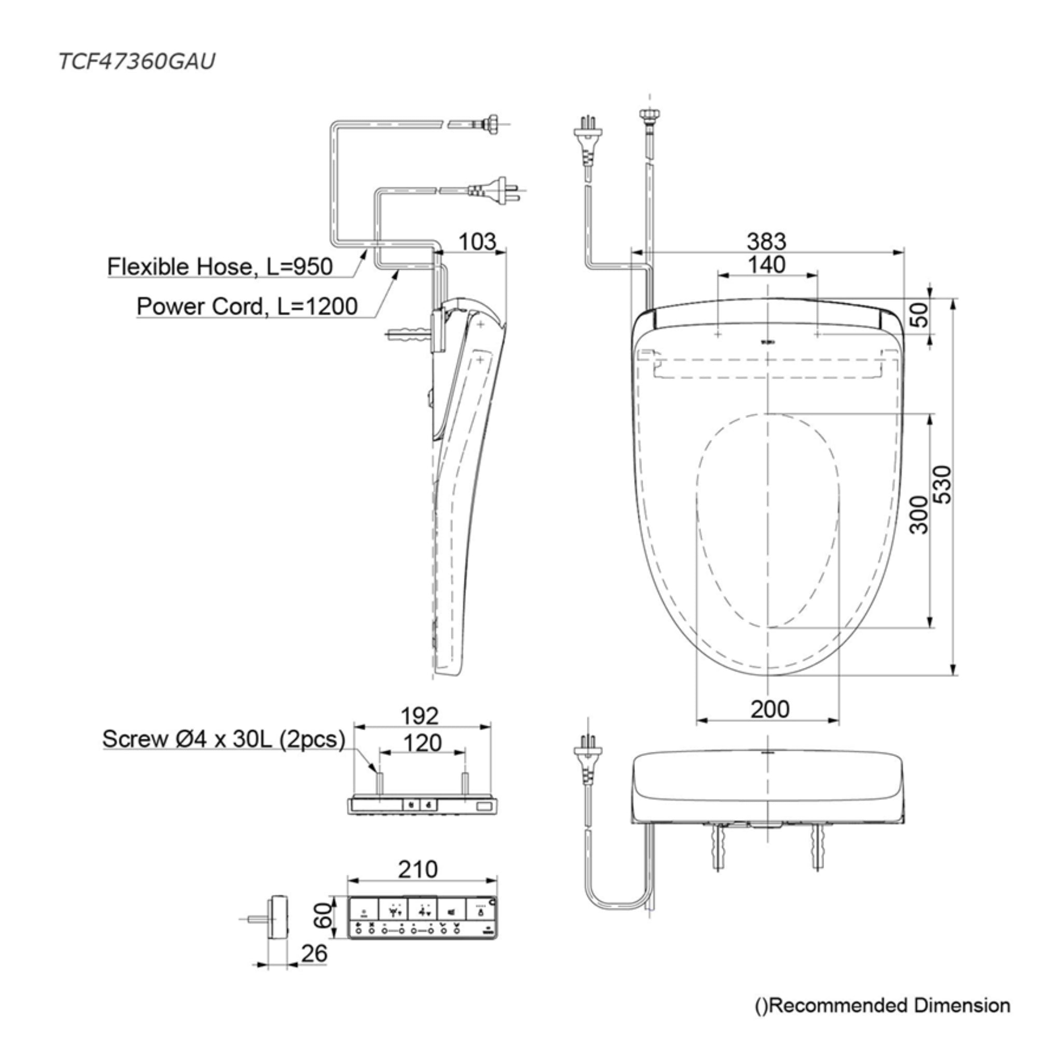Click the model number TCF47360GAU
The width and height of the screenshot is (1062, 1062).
point(136,62)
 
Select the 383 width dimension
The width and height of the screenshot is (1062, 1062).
point(766,241)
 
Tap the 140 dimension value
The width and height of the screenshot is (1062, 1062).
point(766,265)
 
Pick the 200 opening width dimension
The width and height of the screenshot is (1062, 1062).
point(770,709)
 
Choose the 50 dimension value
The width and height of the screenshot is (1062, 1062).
point(919,314)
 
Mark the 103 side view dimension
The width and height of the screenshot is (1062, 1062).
point(477,241)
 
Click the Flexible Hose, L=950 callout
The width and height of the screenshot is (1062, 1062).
point(220,267)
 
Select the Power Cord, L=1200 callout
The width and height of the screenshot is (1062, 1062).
point(247,306)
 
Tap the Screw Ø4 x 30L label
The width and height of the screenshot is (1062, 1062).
point(223,739)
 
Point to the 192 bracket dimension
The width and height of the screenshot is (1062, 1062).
point(420,716)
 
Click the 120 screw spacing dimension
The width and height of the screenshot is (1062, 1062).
point(422,743)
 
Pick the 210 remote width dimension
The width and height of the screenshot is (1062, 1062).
point(418,869)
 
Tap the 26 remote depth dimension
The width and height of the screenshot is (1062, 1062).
point(314,953)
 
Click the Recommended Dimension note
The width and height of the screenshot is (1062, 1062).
point(883,1005)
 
